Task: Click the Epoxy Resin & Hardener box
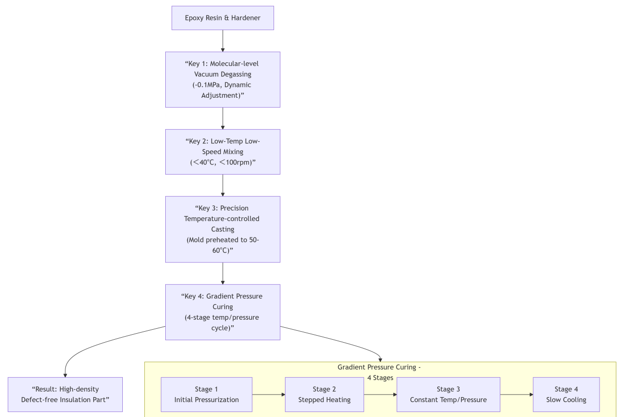tap(223, 18)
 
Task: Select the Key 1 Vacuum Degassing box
tap(223, 79)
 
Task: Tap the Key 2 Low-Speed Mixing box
tap(223, 152)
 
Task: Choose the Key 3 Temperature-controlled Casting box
tap(223, 229)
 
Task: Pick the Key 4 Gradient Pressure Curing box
tap(223, 312)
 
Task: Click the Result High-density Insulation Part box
tap(65, 394)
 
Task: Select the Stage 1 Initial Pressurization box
tap(206, 394)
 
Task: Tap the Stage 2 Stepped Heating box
tap(324, 394)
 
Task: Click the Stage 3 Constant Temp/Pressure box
tap(448, 394)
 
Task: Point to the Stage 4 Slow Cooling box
tap(566, 394)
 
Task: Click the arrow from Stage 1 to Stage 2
tap(269, 395)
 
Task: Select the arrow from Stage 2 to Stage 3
tap(380, 395)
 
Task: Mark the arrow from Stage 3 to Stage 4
tap(517, 395)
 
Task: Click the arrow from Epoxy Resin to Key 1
tap(223, 41)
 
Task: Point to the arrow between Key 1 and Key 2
tap(223, 118)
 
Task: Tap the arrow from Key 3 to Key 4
tap(223, 273)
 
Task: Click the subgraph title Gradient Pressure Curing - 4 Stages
tap(379, 372)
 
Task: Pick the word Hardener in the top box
tap(244, 18)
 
